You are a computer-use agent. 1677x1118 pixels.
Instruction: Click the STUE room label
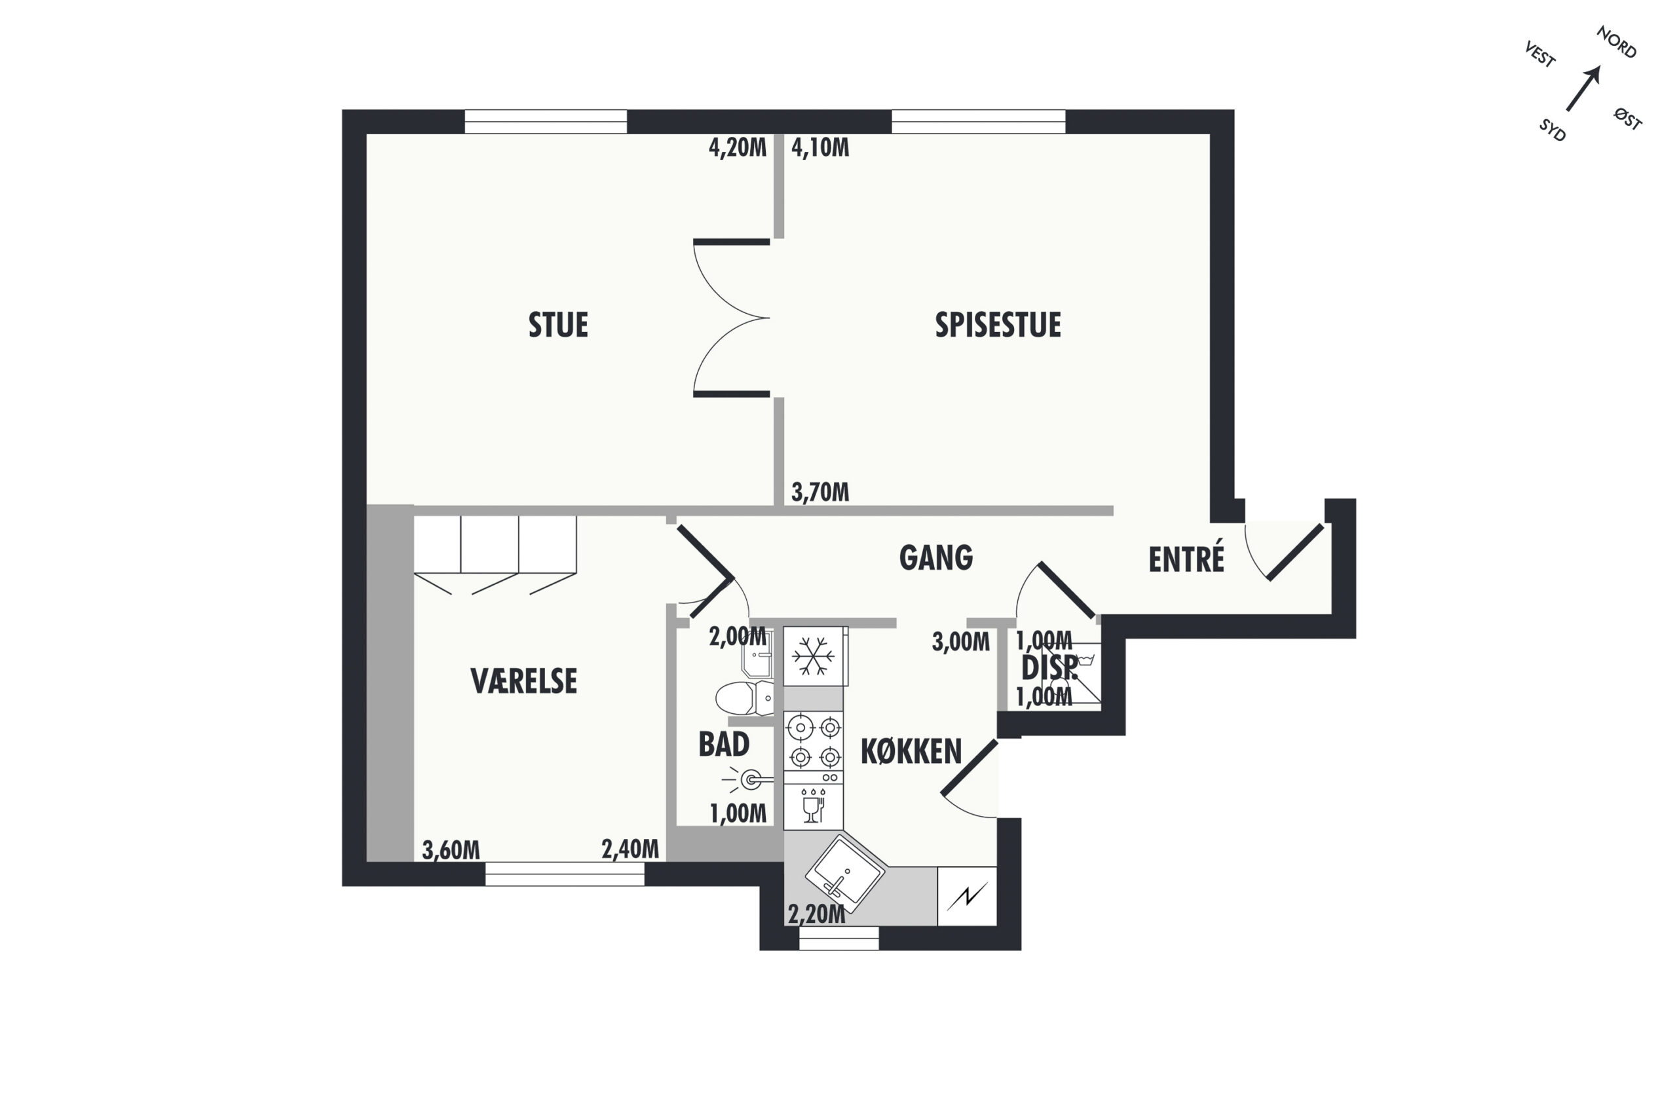(x=557, y=324)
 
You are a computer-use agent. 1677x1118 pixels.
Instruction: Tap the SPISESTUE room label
(x=998, y=324)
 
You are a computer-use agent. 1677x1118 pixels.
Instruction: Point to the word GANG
(x=935, y=557)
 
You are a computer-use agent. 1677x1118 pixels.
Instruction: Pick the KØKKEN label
(x=911, y=751)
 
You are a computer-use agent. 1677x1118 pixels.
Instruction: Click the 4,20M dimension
(x=737, y=147)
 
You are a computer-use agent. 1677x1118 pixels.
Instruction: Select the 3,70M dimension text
(x=820, y=491)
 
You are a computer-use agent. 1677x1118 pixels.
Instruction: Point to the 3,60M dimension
(x=451, y=849)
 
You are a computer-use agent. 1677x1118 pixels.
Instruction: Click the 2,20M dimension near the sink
(x=816, y=914)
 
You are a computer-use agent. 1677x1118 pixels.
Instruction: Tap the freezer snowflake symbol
(x=814, y=656)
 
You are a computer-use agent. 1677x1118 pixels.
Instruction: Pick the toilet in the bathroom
(x=744, y=698)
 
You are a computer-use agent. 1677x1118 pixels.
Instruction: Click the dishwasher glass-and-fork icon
(x=813, y=806)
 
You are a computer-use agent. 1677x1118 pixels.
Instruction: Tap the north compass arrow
(x=1583, y=89)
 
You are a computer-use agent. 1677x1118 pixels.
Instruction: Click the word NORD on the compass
(x=1616, y=42)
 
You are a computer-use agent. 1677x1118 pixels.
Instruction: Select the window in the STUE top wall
(x=546, y=121)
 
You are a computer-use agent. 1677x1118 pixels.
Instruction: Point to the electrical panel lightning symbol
(x=967, y=896)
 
